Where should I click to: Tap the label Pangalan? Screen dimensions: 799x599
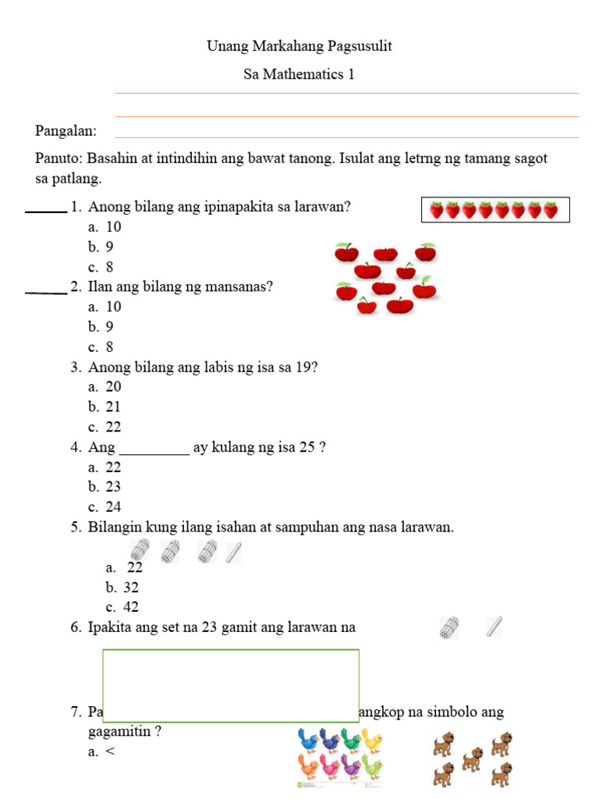tap(66, 130)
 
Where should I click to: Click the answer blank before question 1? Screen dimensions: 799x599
tap(46, 210)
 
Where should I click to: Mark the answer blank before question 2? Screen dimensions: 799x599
tap(46, 292)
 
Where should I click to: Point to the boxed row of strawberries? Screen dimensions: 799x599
tap(494, 210)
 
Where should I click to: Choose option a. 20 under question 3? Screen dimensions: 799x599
tap(105, 386)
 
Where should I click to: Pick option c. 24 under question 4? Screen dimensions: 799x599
tap(105, 506)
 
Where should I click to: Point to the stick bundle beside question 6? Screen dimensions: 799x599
tap(449, 627)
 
